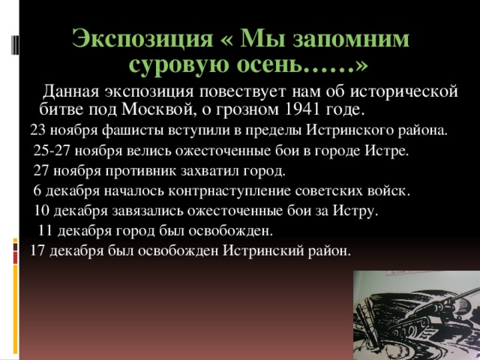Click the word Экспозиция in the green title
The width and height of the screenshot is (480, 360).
(x=142, y=39)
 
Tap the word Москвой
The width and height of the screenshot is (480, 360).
(x=158, y=110)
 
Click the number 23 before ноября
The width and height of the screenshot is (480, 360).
(x=37, y=130)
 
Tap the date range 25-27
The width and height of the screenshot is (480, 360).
(x=52, y=150)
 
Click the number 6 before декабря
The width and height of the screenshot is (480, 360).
(x=37, y=190)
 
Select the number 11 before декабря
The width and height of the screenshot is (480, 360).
(x=45, y=231)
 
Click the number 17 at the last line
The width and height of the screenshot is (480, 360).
(x=37, y=250)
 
